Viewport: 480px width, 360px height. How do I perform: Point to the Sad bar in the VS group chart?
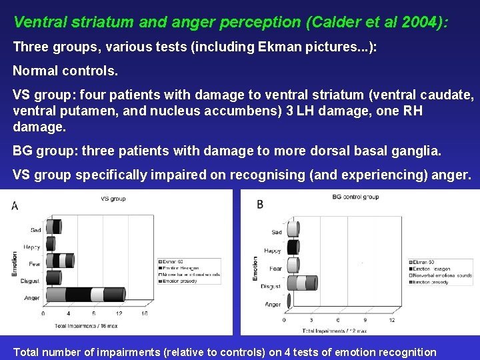53,227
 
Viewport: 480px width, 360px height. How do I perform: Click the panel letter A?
15,207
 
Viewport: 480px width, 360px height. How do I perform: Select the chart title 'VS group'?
113,199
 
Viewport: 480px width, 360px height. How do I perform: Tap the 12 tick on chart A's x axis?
117,313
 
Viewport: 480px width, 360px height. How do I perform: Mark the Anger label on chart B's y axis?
273,304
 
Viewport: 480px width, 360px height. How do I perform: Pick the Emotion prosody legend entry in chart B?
433,282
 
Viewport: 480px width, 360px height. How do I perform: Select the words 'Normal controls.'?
65,69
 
